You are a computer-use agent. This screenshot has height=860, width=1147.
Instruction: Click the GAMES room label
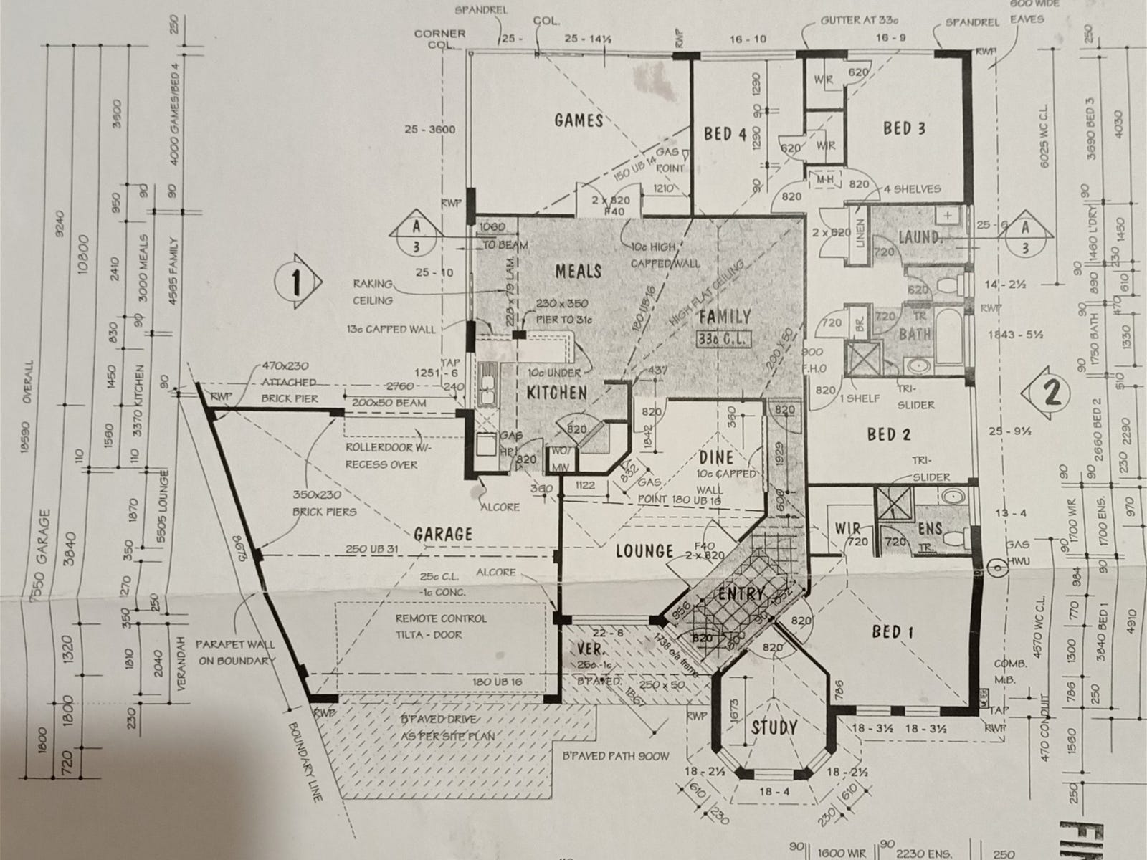579,120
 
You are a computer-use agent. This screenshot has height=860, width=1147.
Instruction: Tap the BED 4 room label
725,134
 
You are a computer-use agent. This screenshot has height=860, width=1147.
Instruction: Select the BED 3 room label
904,129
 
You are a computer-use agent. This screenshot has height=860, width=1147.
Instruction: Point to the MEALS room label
578,271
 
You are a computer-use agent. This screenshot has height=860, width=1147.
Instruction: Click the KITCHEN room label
557,392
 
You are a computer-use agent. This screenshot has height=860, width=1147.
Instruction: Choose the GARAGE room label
443,534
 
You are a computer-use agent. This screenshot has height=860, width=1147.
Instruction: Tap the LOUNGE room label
644,551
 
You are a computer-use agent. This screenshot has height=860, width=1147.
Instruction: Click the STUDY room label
774,727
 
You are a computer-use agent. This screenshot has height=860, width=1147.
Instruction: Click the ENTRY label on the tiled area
741,593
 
